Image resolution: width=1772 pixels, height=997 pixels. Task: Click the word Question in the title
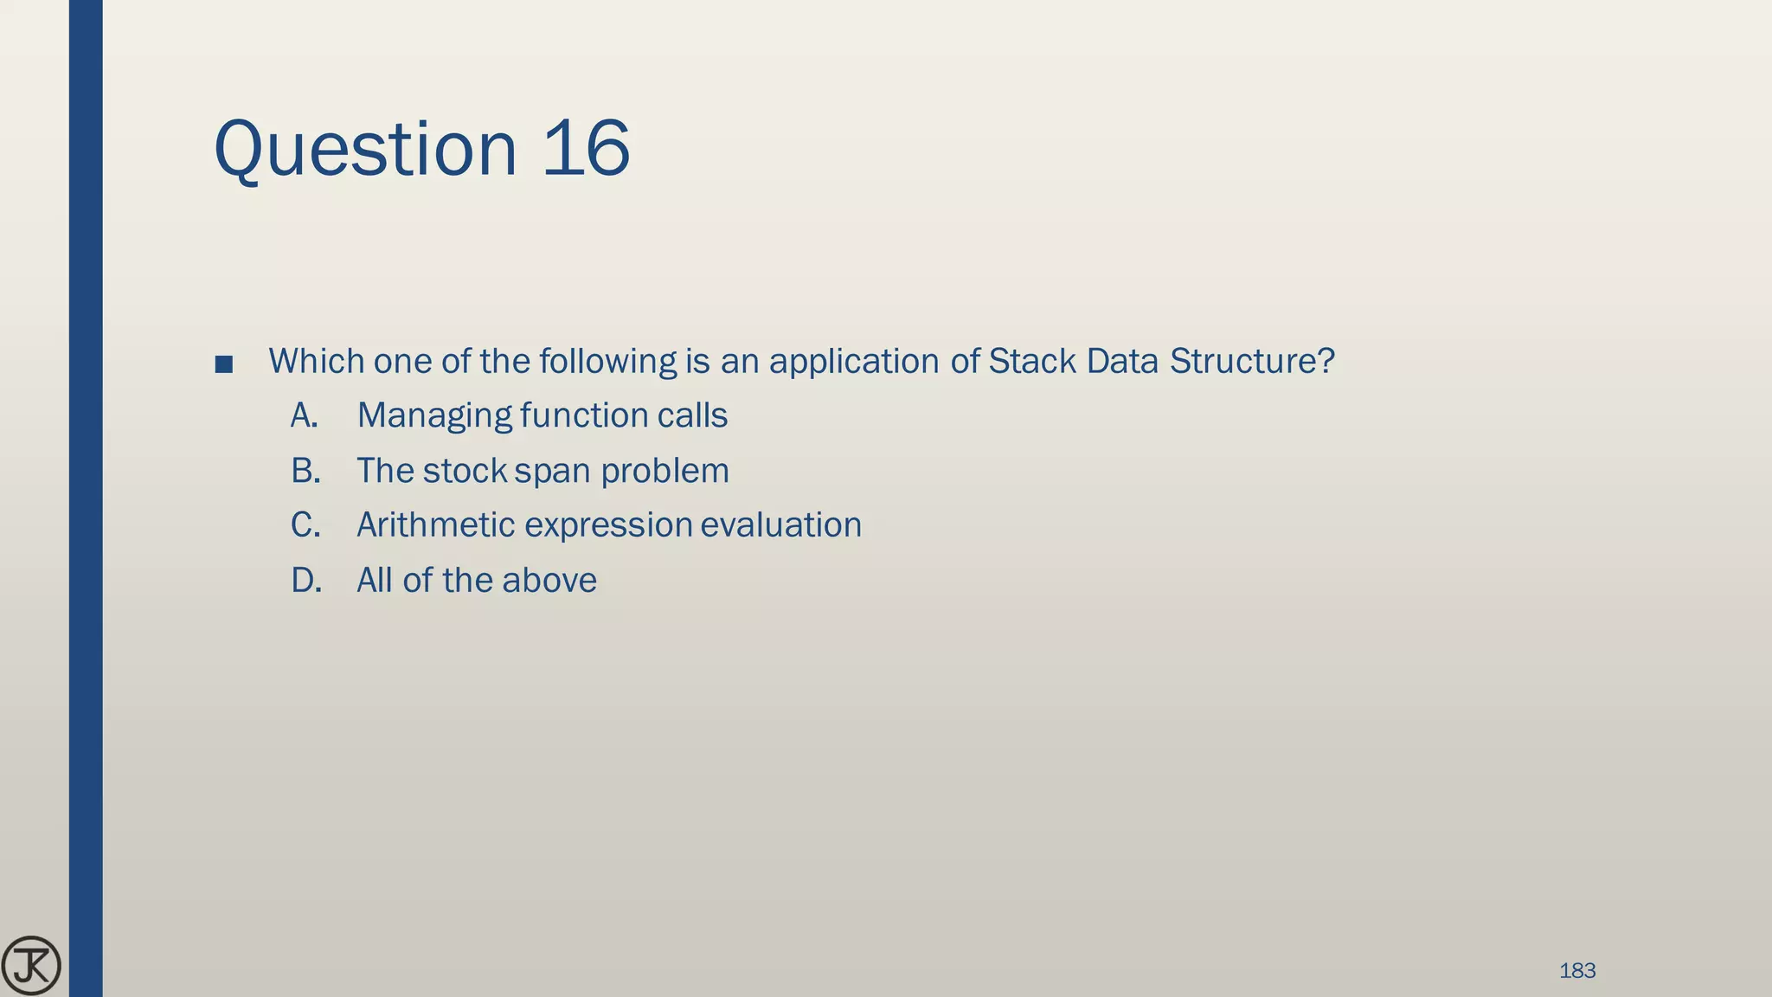coord(365,149)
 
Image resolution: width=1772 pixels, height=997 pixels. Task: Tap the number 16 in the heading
coord(586,149)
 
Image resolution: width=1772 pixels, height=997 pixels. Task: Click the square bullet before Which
coord(224,364)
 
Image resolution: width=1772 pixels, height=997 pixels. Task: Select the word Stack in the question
coord(1032,361)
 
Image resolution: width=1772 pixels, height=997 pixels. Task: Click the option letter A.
coord(305,416)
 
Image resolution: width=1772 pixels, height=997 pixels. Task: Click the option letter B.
coord(305,471)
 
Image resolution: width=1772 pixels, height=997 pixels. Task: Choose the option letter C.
coord(305,525)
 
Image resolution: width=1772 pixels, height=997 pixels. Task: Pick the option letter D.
coord(306,581)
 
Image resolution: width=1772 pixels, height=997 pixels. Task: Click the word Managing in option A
coord(434,416)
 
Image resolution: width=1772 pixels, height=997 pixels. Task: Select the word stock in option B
coord(465,471)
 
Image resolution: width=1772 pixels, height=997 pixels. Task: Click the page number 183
coord(1576,971)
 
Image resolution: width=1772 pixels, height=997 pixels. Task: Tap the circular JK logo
coord(31,966)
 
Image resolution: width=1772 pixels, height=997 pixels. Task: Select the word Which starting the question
coord(317,361)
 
